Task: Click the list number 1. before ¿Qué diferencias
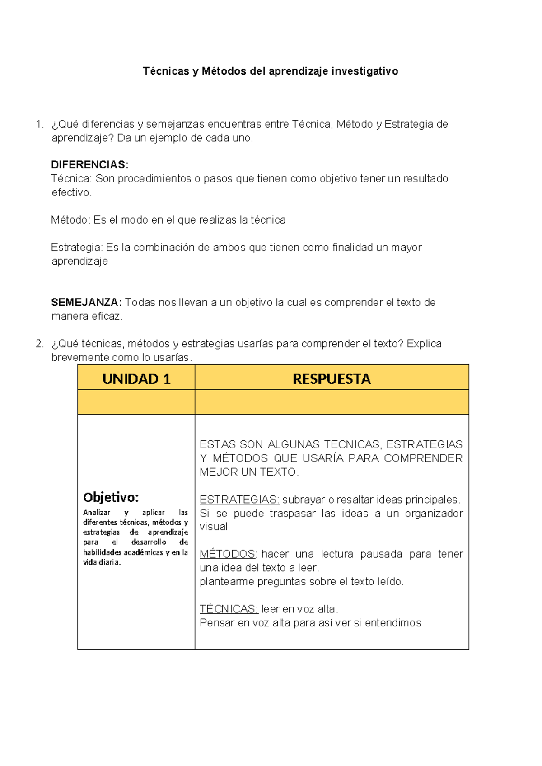[40, 124]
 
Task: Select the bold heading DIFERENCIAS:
[90, 165]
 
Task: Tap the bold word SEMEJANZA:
[86, 303]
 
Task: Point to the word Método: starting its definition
[71, 220]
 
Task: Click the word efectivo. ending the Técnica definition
[71, 192]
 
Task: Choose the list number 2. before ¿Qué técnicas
[40, 344]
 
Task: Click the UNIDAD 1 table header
[136, 378]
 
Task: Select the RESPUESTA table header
[332, 378]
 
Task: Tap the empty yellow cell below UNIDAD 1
[136, 402]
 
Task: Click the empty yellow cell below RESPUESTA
[332, 402]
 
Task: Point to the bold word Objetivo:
[111, 497]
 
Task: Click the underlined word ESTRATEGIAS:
[239, 500]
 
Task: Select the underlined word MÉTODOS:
[228, 554]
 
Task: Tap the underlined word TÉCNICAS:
[229, 609]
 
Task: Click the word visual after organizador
[213, 527]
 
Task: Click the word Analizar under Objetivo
[97, 513]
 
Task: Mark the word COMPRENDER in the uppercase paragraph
[423, 458]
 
